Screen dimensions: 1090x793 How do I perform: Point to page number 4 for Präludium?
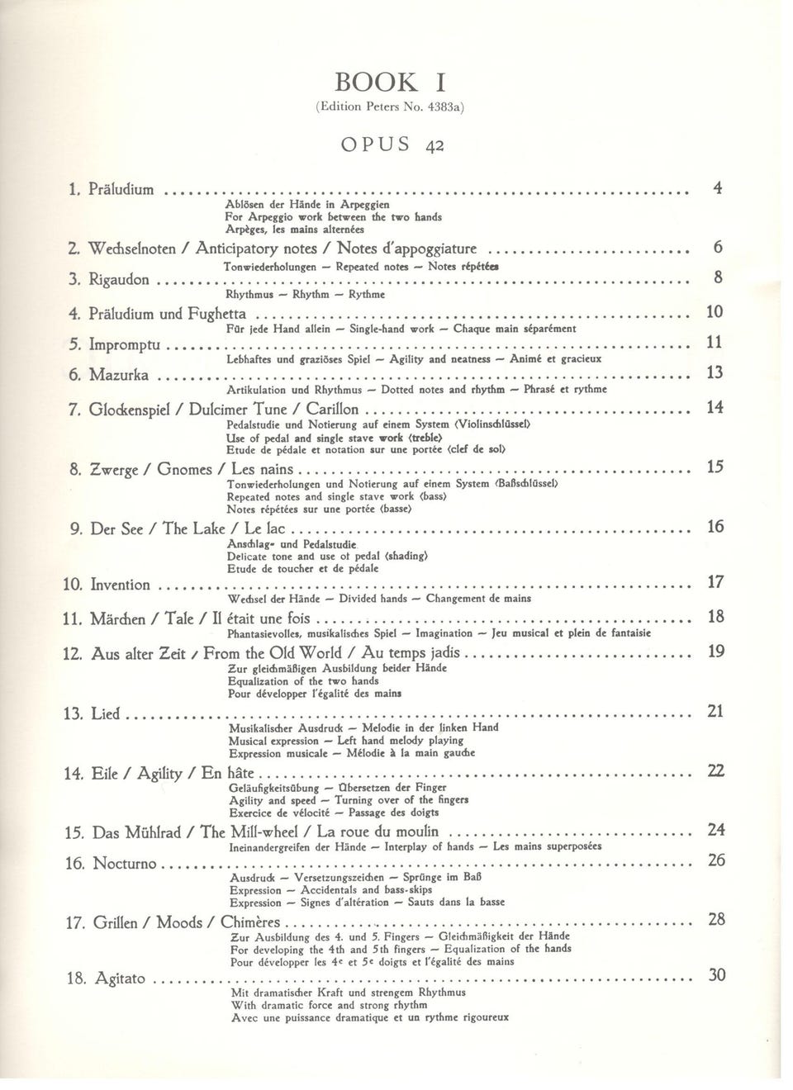click(718, 188)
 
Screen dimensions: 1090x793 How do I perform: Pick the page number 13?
click(715, 373)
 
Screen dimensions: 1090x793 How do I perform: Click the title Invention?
click(120, 585)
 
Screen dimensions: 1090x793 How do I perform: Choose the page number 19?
click(716, 652)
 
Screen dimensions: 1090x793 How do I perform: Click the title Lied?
click(105, 713)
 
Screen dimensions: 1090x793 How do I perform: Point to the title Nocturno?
click(124, 864)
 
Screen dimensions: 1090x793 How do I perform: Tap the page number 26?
click(716, 860)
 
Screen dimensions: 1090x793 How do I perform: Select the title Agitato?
click(120, 979)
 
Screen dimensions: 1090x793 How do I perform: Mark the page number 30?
click(717, 976)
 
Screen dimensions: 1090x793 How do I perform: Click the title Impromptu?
click(124, 344)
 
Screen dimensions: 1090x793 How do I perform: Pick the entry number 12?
click(72, 655)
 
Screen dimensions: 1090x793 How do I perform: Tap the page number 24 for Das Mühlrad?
click(716, 829)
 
